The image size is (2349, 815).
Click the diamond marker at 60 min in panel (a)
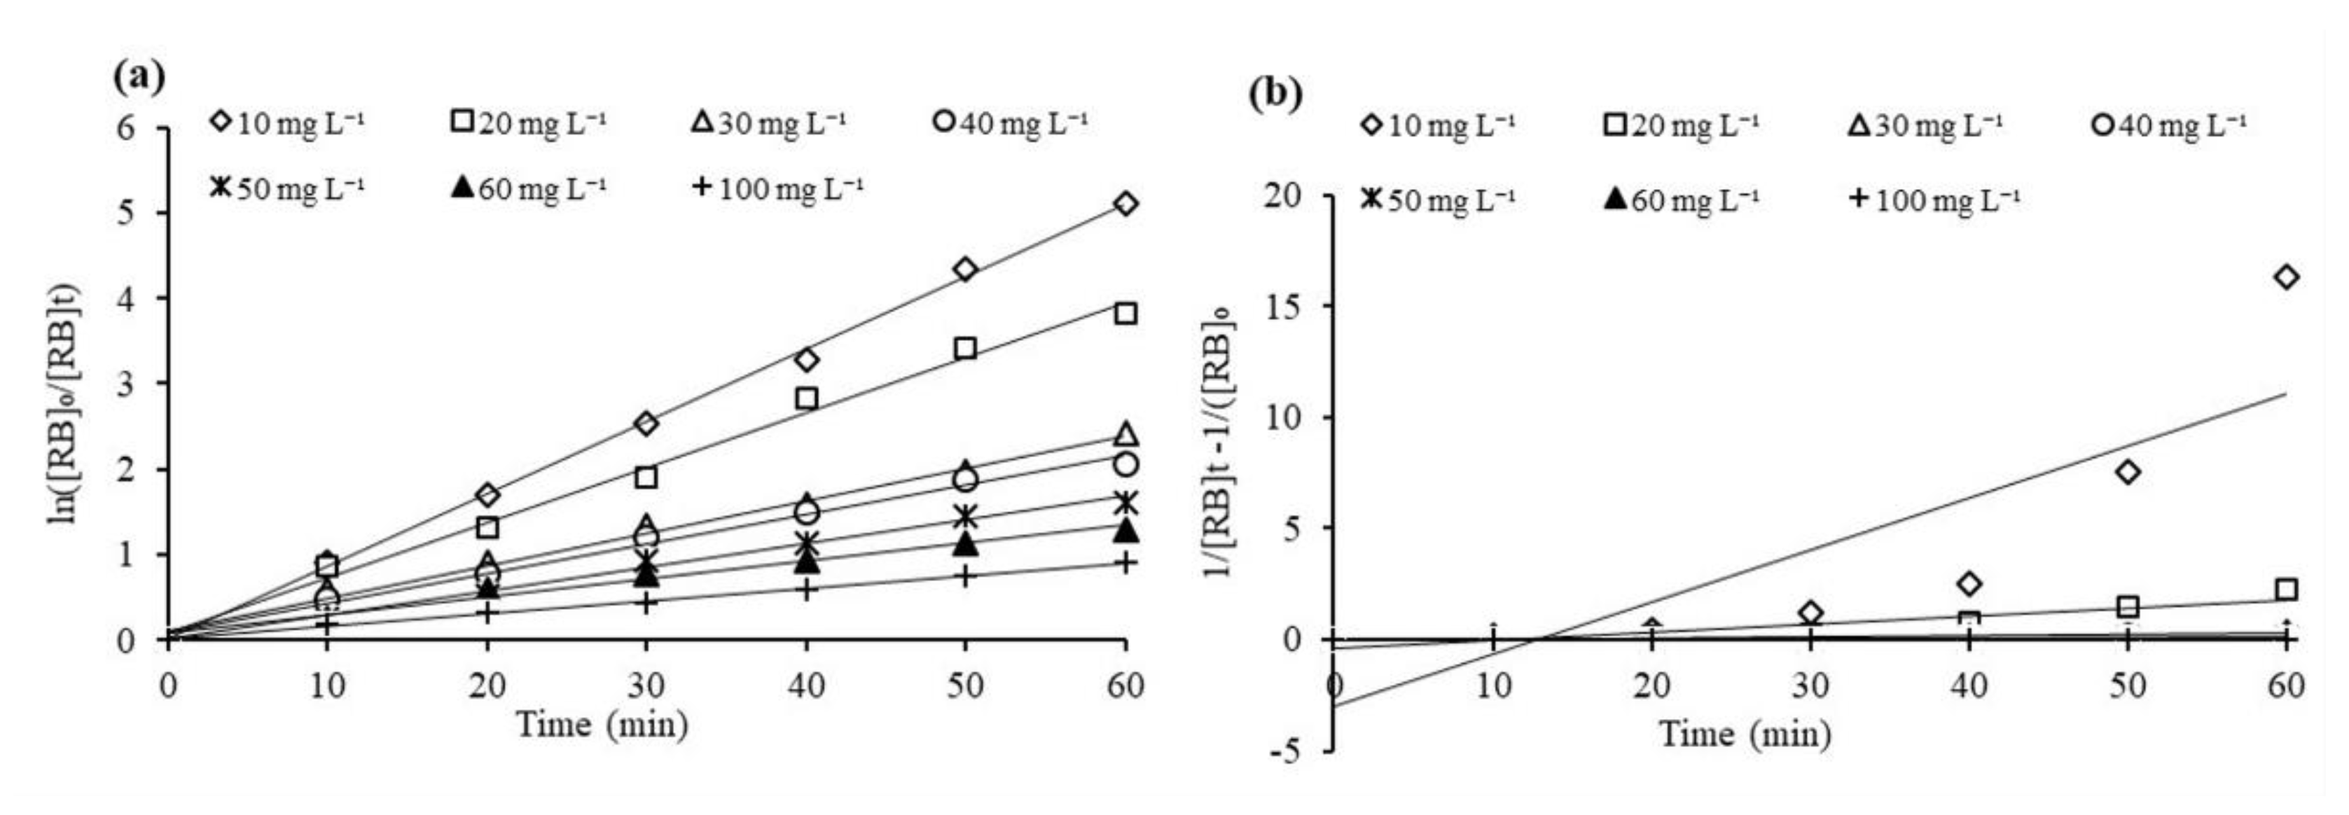[x=1126, y=203]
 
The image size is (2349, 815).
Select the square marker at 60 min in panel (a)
[x=1126, y=314]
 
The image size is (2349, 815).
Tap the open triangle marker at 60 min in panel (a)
[x=1126, y=433]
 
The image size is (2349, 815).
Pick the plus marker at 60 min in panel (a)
[x=1126, y=564]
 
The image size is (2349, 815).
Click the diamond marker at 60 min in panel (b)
[x=2285, y=277]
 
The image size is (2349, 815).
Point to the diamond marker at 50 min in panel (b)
[x=2128, y=472]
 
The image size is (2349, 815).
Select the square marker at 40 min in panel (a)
[x=806, y=398]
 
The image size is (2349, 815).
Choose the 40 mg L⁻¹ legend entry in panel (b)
[x=2170, y=124]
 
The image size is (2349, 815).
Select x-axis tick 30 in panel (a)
[x=646, y=685]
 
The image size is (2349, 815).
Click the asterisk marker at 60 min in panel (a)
[x=1126, y=502]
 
